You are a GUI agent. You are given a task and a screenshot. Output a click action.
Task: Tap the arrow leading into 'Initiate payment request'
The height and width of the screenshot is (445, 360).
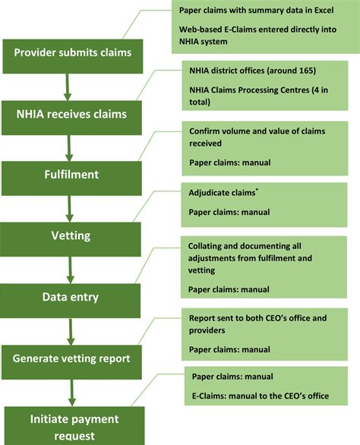(69, 390)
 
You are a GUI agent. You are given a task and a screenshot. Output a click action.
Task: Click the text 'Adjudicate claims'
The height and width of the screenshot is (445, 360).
(219, 194)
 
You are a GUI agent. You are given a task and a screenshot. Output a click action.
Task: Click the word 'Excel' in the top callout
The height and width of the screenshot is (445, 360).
(326, 10)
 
